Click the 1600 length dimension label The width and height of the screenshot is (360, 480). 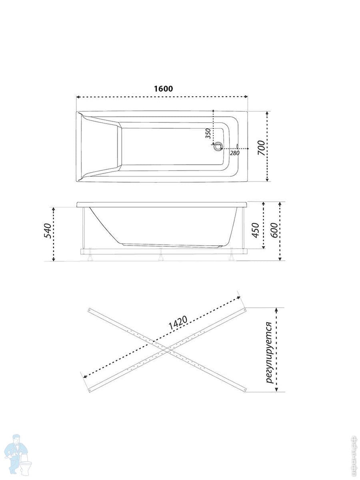coord(163,89)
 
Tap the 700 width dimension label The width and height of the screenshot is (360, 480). coord(261,148)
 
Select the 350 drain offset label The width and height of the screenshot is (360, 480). coord(208,133)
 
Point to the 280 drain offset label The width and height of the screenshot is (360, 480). coord(234,153)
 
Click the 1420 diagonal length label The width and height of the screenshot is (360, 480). coord(178,323)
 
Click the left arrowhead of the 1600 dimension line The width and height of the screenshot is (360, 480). coord(78,97)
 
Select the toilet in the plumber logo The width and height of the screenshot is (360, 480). coord(26,465)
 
